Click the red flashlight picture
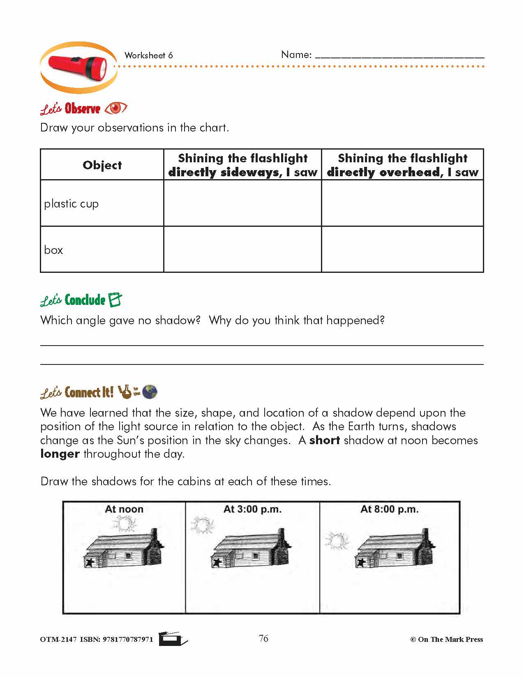78,67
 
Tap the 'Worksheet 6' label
148,55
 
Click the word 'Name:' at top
296,55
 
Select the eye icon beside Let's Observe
115,108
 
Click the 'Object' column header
102,165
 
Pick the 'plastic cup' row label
71,204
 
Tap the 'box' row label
53,250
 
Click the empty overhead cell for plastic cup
402,203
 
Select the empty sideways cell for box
242,249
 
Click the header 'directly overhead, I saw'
402,172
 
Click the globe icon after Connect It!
150,392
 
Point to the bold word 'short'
324,440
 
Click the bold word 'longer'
60,454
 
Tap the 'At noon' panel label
124,509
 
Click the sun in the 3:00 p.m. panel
202,526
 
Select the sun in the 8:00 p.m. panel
337,541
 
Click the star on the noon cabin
88,562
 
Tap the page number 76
263,638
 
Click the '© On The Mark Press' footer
446,639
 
